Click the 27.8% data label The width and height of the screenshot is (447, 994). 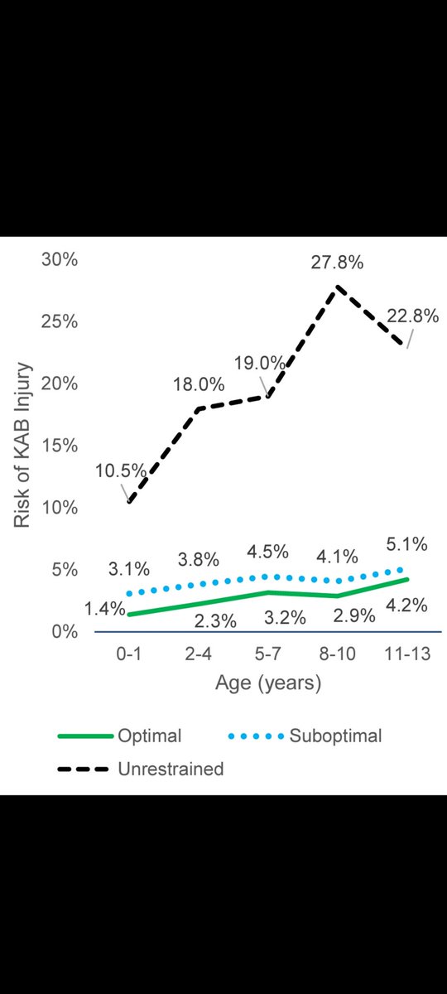click(x=338, y=264)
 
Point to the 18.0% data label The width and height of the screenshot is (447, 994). click(x=198, y=384)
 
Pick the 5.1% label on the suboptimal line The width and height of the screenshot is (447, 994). click(x=406, y=545)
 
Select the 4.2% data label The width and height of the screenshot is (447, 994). click(x=406, y=606)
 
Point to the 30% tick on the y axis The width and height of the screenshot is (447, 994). click(x=60, y=259)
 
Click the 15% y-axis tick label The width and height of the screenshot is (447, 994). click(x=60, y=446)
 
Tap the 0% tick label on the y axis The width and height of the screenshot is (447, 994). click(x=65, y=632)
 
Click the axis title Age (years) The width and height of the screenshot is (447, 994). click(x=267, y=684)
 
